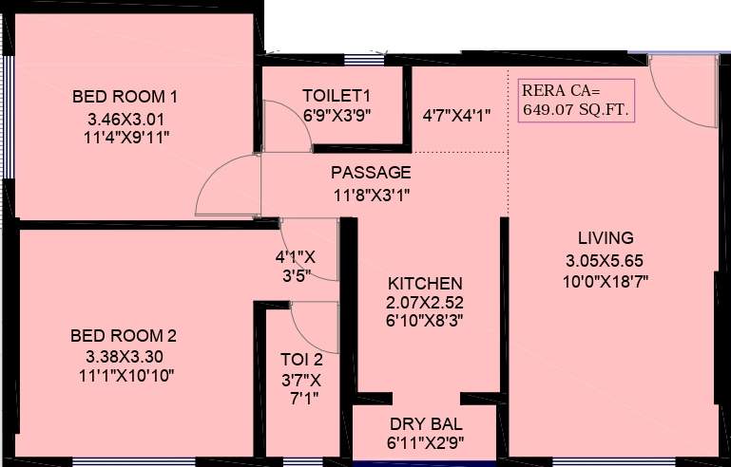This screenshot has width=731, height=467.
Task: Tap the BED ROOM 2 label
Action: tap(124, 336)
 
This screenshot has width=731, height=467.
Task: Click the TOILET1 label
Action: tap(336, 96)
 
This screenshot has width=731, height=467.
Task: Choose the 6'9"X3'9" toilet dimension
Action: tap(336, 115)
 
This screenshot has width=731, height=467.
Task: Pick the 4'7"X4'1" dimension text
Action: tap(456, 116)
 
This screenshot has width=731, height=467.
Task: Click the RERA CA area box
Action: tap(574, 100)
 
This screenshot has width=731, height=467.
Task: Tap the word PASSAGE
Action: tap(371, 173)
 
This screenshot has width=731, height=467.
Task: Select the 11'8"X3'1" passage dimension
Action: tap(371, 196)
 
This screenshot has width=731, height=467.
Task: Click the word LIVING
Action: tap(606, 238)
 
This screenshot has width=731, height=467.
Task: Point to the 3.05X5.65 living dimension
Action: tap(606, 260)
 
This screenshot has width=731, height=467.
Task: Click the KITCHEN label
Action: tap(425, 284)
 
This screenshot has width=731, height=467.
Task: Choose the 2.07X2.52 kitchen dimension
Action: tap(425, 303)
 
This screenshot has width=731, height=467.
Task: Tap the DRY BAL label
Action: tap(426, 423)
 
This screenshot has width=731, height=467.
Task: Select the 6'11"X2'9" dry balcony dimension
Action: tap(426, 443)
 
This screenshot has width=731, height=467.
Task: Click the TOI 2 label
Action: tap(301, 360)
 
